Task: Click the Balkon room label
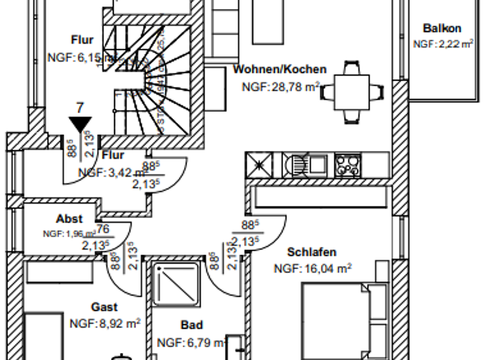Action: pyautogui.click(x=442, y=28)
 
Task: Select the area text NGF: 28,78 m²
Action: pyautogui.click(x=280, y=85)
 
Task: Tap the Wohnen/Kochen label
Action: pyautogui.click(x=280, y=69)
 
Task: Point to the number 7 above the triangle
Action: pyautogui.click(x=80, y=107)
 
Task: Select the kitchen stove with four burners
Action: pyautogui.click(x=348, y=165)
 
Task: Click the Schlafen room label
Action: pyautogui.click(x=312, y=253)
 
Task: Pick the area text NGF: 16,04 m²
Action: pyautogui.click(x=313, y=269)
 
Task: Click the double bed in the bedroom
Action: pyautogui.click(x=344, y=318)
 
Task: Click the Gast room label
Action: pyautogui.click(x=104, y=308)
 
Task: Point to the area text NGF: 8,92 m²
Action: pyautogui.click(x=105, y=323)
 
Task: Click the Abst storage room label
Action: pyautogui.click(x=69, y=219)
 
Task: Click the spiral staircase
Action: pyautogui.click(x=151, y=80)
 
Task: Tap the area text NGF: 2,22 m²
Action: pyautogui.click(x=443, y=44)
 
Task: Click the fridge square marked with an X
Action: pyautogui.click(x=260, y=165)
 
